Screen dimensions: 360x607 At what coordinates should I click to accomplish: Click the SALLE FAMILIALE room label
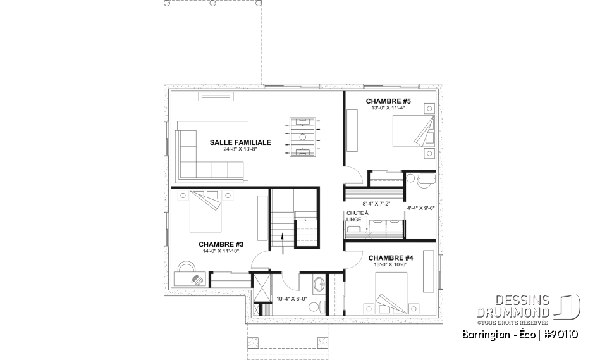click(240, 142)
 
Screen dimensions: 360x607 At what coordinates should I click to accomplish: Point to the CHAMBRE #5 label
click(388, 101)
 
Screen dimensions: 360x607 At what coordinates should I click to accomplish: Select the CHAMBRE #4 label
click(390, 258)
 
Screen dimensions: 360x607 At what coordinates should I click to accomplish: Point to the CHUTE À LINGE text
click(353, 216)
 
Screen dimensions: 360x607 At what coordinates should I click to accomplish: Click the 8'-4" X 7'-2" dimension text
click(376, 204)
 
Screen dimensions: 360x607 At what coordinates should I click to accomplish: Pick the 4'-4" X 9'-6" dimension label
click(420, 207)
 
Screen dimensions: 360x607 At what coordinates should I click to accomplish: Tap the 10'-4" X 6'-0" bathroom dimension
click(291, 299)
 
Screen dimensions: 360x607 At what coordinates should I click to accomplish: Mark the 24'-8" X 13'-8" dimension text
click(240, 151)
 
